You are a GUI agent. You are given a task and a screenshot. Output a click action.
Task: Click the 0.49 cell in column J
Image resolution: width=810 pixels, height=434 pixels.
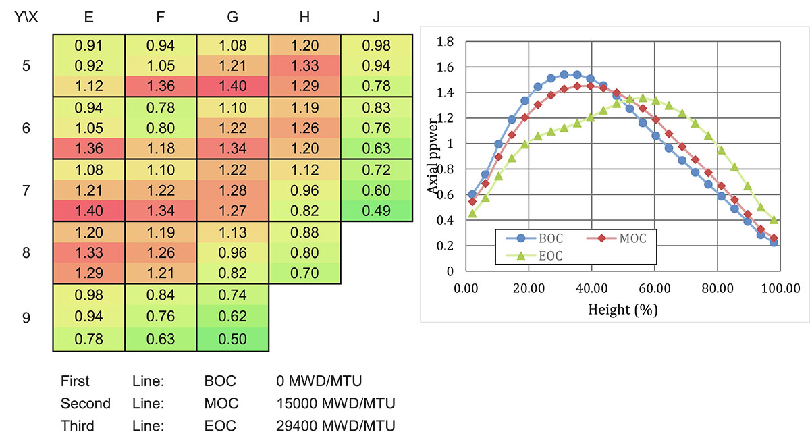(x=376, y=211)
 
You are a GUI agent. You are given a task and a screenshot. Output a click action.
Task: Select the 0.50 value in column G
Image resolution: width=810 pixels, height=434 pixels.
(x=232, y=340)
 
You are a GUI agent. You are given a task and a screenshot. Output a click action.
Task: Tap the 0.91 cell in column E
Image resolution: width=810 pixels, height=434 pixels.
(x=88, y=46)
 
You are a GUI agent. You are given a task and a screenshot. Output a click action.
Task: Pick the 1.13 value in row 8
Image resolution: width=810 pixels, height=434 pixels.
(x=232, y=233)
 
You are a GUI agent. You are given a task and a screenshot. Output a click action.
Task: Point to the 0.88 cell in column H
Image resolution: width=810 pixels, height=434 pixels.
(x=304, y=233)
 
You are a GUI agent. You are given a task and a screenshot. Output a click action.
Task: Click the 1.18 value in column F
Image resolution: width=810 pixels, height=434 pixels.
(x=161, y=148)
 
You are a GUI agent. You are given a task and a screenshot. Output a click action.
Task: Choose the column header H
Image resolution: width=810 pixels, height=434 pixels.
(x=304, y=17)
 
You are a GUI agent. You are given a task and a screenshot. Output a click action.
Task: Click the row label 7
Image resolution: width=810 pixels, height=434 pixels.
(x=26, y=190)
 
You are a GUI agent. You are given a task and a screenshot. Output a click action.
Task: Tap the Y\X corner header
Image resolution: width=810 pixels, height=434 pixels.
(x=26, y=17)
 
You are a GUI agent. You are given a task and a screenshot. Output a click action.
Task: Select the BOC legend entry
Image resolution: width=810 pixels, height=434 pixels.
(x=535, y=238)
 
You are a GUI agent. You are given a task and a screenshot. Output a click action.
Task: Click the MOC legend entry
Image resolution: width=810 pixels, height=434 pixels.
(x=616, y=238)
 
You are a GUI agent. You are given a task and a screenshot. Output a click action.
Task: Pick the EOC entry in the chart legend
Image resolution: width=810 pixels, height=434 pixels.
(x=535, y=256)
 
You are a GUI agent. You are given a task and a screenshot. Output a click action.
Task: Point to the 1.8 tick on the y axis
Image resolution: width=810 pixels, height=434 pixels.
(x=445, y=42)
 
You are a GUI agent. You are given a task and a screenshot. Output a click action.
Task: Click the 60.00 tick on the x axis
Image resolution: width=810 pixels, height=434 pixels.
(x=655, y=289)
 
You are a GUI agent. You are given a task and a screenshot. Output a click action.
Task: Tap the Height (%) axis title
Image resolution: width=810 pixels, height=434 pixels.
(x=622, y=310)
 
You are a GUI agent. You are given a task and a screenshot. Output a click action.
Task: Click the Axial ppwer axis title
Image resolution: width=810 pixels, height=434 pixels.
(x=433, y=156)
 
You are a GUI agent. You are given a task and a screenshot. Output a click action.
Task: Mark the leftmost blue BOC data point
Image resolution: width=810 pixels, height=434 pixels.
(x=473, y=194)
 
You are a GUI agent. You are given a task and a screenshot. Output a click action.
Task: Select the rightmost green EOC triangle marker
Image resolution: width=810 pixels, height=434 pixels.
(x=774, y=219)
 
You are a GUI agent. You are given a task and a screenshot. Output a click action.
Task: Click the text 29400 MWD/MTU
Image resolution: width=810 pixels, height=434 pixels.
(x=335, y=426)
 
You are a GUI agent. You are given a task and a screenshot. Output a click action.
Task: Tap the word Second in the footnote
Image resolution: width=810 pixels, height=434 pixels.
(x=85, y=403)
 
